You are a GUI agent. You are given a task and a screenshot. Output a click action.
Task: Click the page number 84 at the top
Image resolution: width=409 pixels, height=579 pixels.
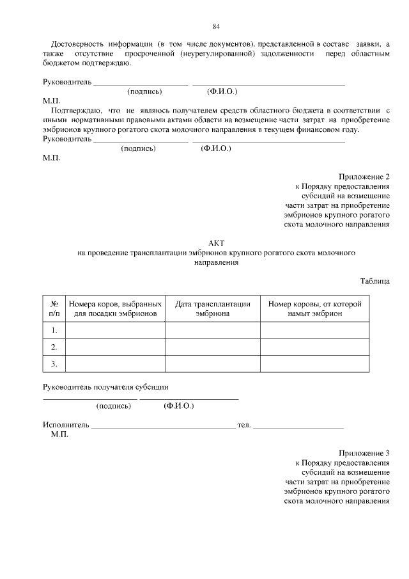(x=216, y=26)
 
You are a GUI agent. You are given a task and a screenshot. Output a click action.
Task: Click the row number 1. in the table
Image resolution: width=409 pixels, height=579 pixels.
(x=54, y=330)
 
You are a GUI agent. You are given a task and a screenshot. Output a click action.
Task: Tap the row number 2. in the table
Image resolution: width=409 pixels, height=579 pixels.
(x=54, y=347)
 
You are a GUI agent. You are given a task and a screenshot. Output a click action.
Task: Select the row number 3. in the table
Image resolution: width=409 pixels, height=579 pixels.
(x=54, y=364)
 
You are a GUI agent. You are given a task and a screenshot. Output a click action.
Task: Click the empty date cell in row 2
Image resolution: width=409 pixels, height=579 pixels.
(x=212, y=347)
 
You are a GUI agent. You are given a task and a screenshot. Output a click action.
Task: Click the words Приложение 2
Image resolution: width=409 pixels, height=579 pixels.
(x=364, y=177)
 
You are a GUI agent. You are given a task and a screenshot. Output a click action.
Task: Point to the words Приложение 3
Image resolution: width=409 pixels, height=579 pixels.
(x=364, y=452)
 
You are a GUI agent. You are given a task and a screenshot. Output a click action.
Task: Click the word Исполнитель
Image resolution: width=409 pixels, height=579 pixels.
(x=66, y=425)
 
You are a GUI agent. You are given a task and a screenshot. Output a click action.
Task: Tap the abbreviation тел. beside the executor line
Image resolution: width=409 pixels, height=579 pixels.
(x=243, y=425)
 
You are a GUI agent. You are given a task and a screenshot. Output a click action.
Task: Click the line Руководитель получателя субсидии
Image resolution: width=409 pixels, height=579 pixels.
(x=105, y=386)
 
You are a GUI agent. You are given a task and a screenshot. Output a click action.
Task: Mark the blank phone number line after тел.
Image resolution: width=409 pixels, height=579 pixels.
(x=298, y=426)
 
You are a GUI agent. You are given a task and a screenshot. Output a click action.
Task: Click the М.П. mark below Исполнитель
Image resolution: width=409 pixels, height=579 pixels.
(x=59, y=434)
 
